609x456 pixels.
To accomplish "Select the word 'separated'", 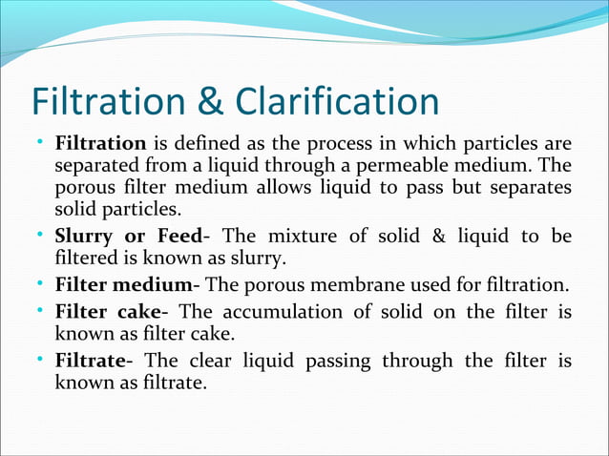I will (95, 167).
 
